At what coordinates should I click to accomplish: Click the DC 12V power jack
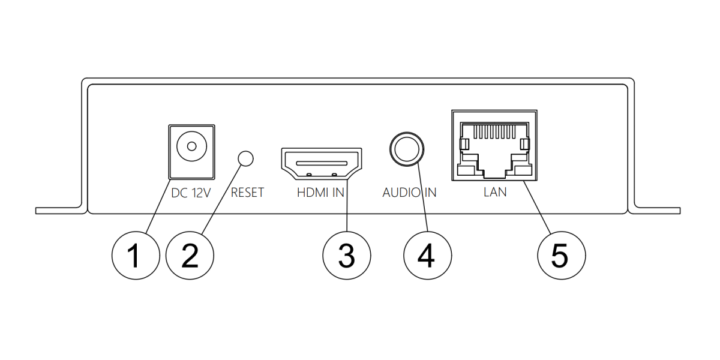[x=191, y=151]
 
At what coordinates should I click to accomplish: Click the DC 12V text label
[x=191, y=193]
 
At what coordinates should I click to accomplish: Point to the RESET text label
[x=247, y=193]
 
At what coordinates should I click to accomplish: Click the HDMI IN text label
[x=321, y=193]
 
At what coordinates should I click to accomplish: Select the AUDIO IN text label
[x=409, y=193]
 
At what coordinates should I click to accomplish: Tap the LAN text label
[x=495, y=193]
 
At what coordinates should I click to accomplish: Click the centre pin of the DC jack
[x=191, y=146]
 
